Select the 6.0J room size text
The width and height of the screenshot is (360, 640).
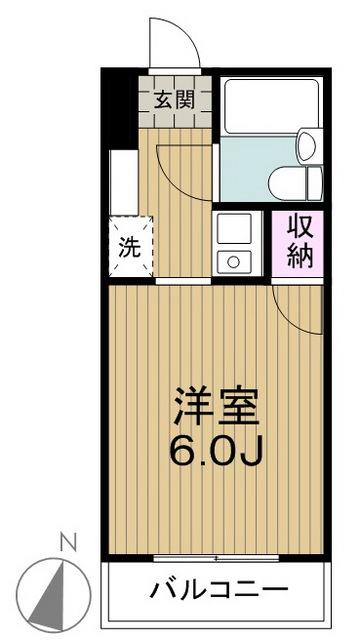click(216, 452)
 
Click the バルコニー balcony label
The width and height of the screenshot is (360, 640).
click(219, 589)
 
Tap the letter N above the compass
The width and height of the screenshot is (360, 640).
click(67, 544)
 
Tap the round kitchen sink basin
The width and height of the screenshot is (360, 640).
click(235, 262)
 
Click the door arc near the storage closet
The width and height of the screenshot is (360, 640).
click(296, 315)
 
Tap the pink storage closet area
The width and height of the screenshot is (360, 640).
click(298, 241)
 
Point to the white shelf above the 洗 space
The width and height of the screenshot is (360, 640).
click(124, 180)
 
